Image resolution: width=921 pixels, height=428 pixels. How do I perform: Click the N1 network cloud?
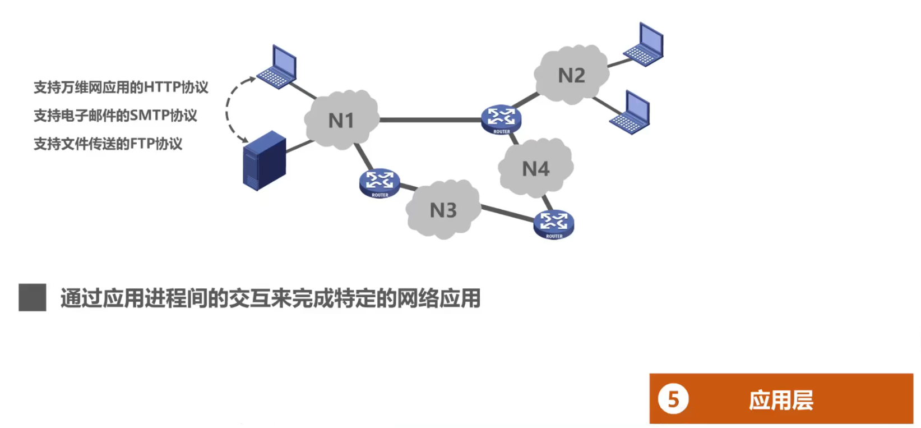[x=341, y=119]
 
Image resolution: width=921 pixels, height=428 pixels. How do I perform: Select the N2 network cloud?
[x=571, y=75]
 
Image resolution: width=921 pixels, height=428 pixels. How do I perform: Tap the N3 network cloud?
[x=443, y=210]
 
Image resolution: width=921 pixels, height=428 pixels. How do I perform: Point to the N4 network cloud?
[x=535, y=168]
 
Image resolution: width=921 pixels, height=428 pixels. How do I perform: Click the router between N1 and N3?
[x=379, y=183]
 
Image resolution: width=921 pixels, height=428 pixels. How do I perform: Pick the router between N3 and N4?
[x=554, y=224]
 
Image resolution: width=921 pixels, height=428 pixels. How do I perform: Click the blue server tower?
[x=264, y=160]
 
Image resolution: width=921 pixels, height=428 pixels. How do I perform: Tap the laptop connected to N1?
[x=278, y=67]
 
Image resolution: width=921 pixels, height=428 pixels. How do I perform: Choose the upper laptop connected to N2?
[x=645, y=44]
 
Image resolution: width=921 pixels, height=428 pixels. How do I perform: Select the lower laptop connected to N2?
[x=631, y=112]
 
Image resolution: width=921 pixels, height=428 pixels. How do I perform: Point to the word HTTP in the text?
[x=162, y=88]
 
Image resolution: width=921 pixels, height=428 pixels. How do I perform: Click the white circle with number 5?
[x=673, y=399]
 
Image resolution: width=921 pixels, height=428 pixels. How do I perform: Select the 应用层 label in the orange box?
[x=781, y=400]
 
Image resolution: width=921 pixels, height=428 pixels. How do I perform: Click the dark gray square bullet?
[x=33, y=297]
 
